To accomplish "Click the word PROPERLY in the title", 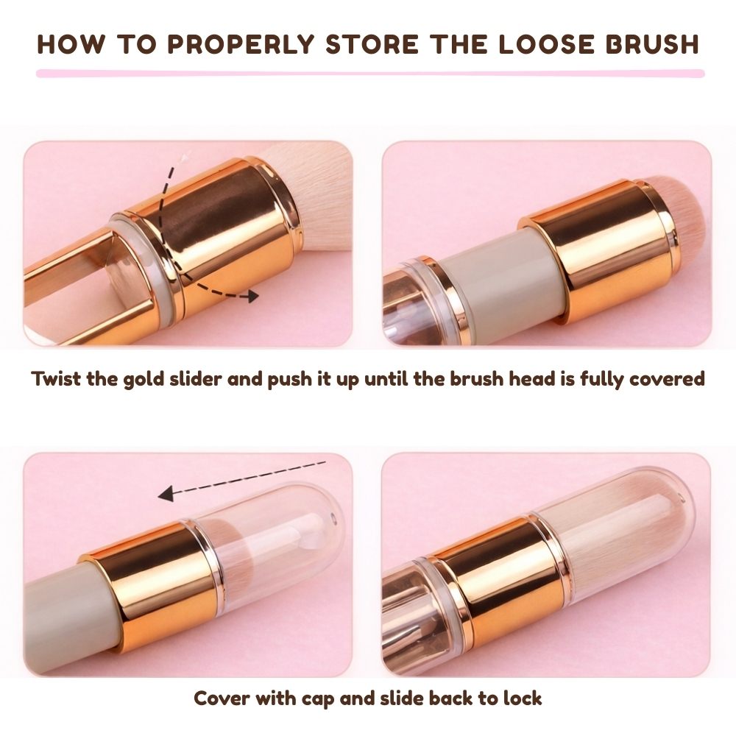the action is point(241,44).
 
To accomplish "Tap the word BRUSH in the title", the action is point(652,44).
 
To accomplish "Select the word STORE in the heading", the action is point(372,44).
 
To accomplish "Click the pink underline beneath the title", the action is point(370,73).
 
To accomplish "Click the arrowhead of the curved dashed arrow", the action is point(252,296).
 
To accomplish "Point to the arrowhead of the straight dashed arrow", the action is point(165,494).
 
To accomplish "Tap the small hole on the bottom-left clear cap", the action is point(333,519).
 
